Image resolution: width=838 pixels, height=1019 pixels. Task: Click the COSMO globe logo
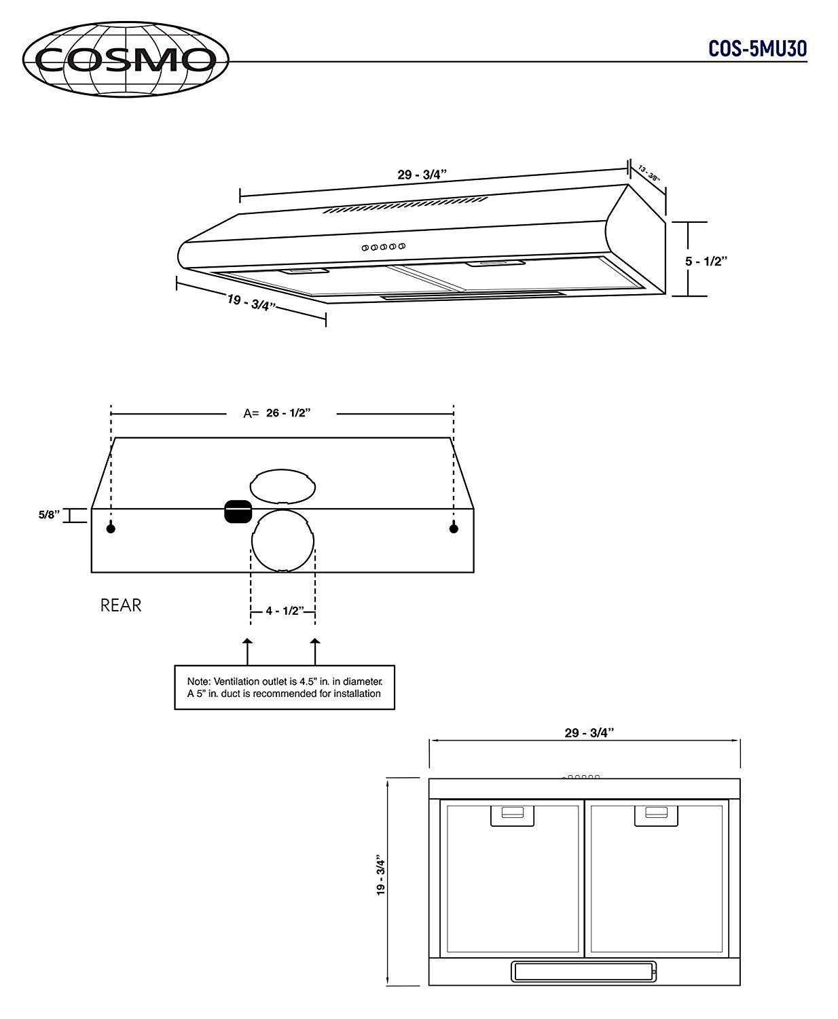pos(126,59)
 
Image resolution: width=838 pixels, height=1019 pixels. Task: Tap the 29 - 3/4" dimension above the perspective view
pos(422,174)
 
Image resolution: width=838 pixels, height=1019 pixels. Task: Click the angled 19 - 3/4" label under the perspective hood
pos(251,301)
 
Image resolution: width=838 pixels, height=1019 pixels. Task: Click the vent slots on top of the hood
pos(405,206)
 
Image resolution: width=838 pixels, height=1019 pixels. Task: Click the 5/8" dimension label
pos(50,516)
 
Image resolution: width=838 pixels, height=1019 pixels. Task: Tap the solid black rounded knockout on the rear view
pos(238,512)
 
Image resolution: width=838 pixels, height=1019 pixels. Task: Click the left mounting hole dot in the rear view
pos(111,529)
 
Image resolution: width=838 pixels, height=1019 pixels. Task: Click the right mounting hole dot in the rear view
pos(454,529)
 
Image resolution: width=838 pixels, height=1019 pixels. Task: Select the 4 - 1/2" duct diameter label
pos(284,611)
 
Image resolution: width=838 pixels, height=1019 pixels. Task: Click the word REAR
pos(121,605)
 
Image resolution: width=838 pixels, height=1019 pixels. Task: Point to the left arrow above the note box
pos(248,650)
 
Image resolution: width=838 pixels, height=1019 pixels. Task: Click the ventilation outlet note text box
pos(285,687)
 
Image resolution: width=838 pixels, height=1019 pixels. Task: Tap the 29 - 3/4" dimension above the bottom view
pos(589,732)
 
